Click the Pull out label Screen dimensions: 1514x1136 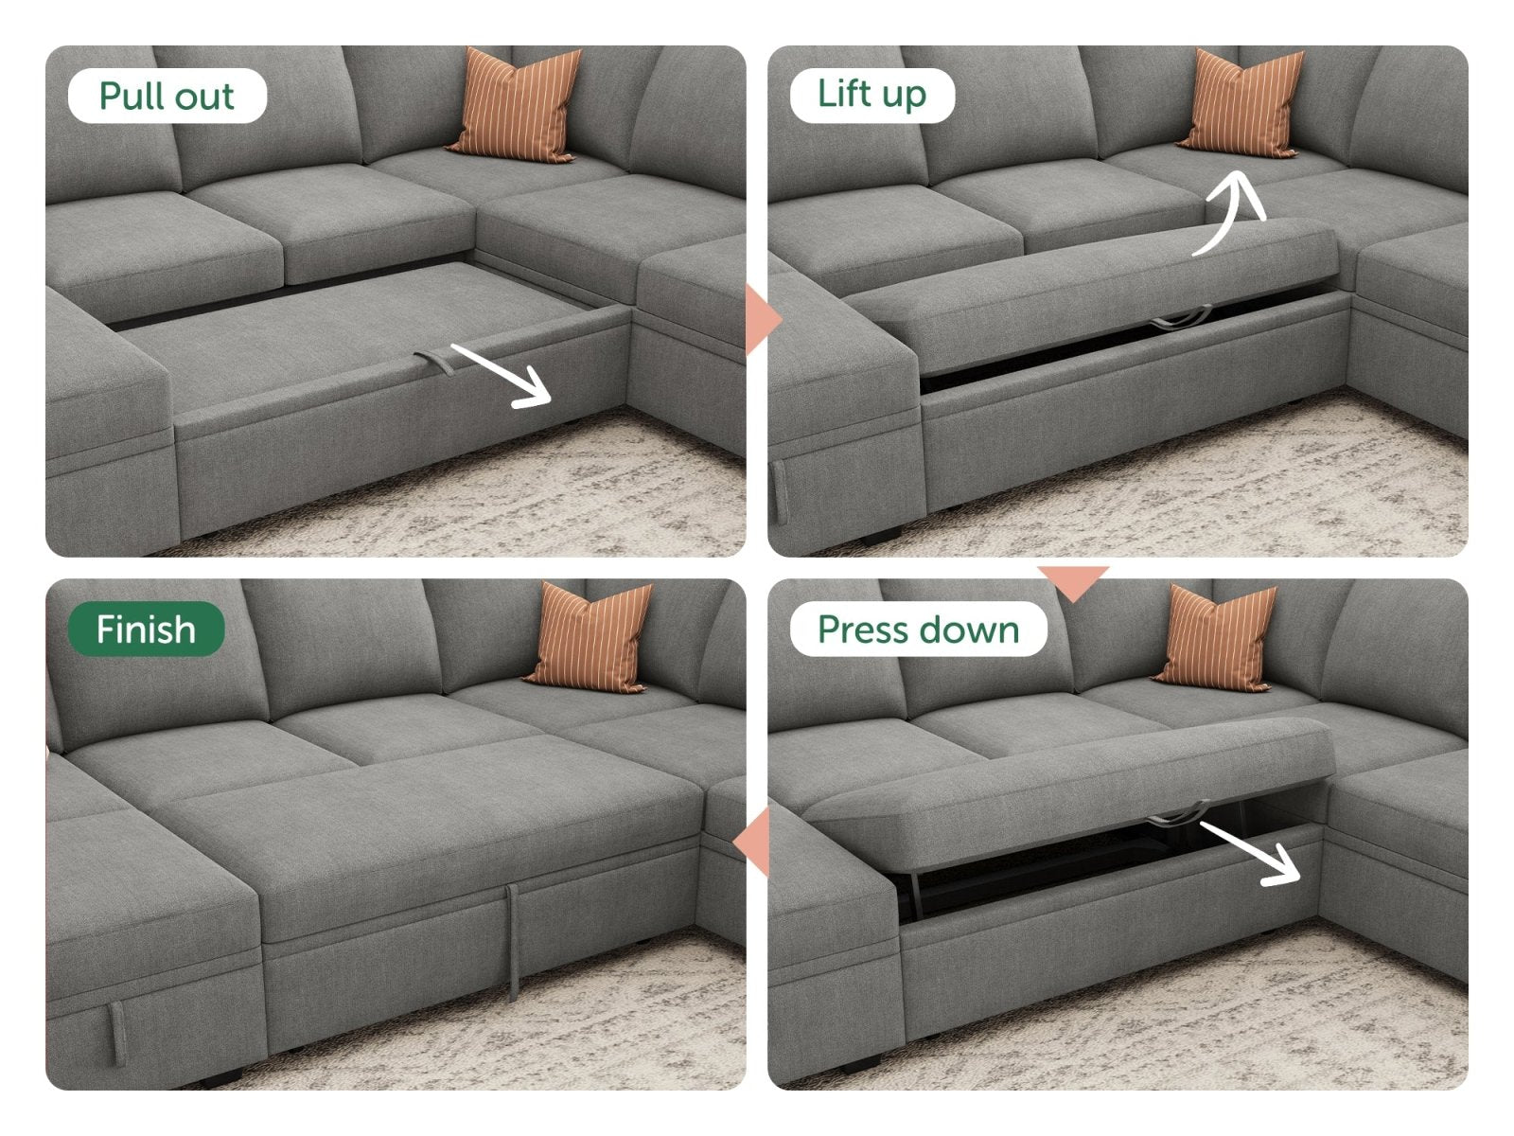(x=167, y=96)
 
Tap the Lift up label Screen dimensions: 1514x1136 (x=871, y=96)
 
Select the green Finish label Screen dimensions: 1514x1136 (x=146, y=629)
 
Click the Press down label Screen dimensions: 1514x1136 (x=918, y=629)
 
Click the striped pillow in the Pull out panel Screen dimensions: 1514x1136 (x=516, y=105)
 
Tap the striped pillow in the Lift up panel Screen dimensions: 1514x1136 (x=1241, y=103)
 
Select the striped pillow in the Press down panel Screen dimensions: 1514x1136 (x=1217, y=637)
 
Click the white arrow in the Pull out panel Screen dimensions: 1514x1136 (x=502, y=376)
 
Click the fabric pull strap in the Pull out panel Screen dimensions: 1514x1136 (x=434, y=363)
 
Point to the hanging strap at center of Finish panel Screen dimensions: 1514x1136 (x=513, y=942)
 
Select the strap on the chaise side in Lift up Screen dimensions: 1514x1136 (x=779, y=492)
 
